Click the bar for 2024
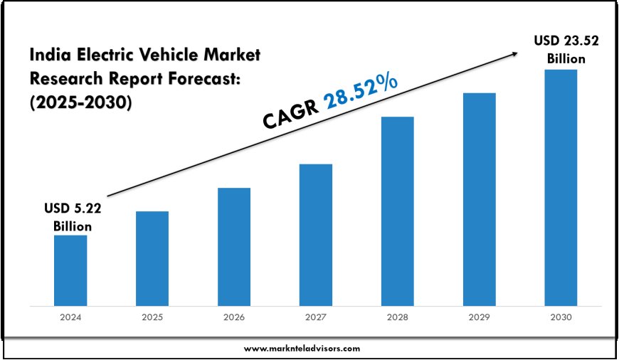click(70, 270)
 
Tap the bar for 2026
click(234, 247)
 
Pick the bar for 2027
click(315, 235)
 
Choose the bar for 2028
click(397, 211)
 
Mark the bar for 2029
click(479, 199)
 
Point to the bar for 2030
click(561, 188)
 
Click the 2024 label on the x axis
click(70, 318)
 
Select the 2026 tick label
click(234, 318)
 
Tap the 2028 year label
click(397, 318)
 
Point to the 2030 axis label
click(561, 318)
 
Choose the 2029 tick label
click(479, 318)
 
